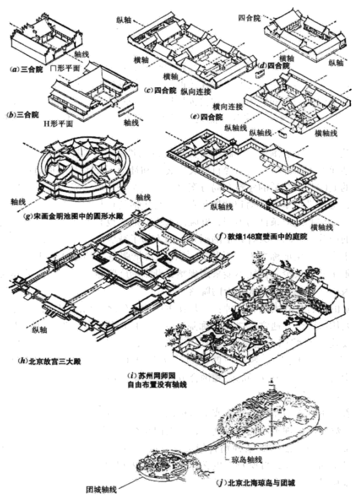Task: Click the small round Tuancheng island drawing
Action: [x=163, y=462]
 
